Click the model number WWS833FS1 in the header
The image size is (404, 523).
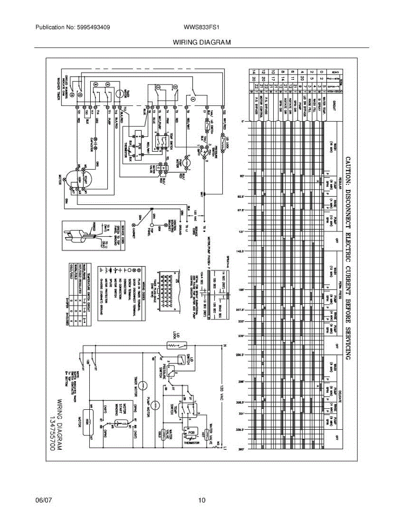[201, 27]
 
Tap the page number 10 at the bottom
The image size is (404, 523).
[201, 500]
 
